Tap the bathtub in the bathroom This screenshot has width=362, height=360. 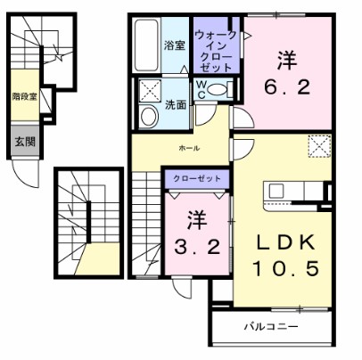147,44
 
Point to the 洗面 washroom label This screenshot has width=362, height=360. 174,104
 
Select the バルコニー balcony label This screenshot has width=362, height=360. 271,327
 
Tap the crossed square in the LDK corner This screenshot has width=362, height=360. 317,145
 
